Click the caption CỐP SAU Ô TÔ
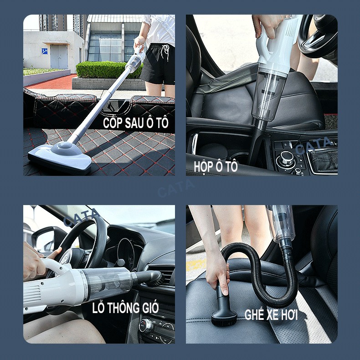(136, 123)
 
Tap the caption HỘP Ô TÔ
(216, 166)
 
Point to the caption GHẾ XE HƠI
(271, 314)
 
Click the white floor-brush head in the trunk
(60, 157)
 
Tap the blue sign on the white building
(45, 51)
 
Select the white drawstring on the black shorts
(166, 51)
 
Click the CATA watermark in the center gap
(176, 188)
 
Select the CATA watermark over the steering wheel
(82, 217)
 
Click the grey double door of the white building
(59, 57)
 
